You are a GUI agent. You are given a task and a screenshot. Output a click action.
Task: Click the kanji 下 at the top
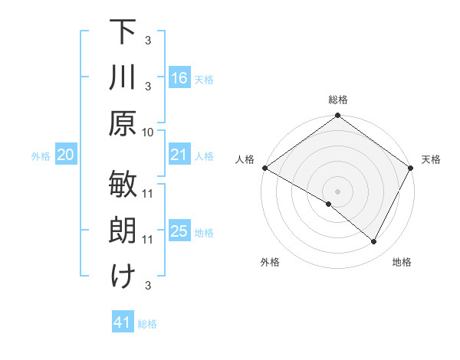(123, 31)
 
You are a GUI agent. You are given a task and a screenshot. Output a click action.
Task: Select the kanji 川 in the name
(123, 77)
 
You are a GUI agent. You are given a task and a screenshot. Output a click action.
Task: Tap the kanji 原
(123, 123)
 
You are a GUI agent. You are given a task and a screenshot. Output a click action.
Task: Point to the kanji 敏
(123, 185)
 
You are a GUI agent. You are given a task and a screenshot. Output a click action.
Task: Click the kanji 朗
(123, 231)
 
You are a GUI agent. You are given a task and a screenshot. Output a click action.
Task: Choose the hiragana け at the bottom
(123, 277)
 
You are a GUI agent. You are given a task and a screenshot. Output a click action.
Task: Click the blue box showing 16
(179, 78)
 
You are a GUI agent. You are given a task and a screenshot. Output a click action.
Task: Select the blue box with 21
(179, 155)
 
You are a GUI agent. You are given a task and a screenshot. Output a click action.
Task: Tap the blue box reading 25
(179, 231)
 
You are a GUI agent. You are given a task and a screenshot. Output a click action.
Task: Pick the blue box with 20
(65, 155)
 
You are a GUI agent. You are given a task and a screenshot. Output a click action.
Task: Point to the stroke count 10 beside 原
(148, 132)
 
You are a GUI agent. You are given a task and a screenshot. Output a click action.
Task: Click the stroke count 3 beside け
(148, 286)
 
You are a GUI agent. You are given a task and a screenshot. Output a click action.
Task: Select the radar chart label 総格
(337, 100)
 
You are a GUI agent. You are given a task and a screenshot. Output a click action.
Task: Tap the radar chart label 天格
(431, 159)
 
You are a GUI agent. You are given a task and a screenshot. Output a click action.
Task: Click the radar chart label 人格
(245, 159)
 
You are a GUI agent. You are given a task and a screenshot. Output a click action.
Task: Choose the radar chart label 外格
(270, 262)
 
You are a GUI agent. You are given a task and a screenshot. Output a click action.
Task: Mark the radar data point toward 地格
(374, 242)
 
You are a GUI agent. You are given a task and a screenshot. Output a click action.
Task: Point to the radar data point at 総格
(337, 116)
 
